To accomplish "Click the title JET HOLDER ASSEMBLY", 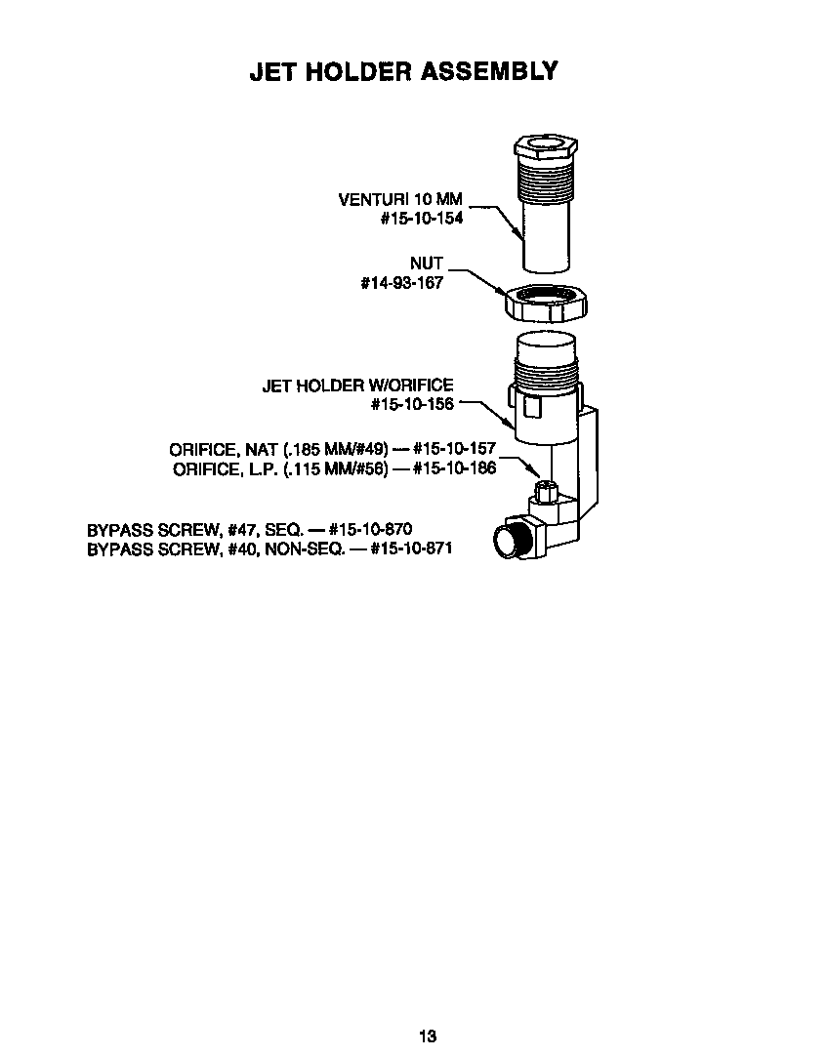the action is (403, 71).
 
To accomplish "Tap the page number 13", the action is (428, 1036).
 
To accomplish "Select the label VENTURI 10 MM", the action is (399, 200).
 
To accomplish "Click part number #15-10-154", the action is (421, 219).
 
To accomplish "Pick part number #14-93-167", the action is (401, 283).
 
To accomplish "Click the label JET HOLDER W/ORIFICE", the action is (357, 386).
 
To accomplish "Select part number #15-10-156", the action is (412, 404).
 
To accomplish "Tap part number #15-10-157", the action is (454, 449).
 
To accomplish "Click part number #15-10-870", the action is (363, 530).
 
